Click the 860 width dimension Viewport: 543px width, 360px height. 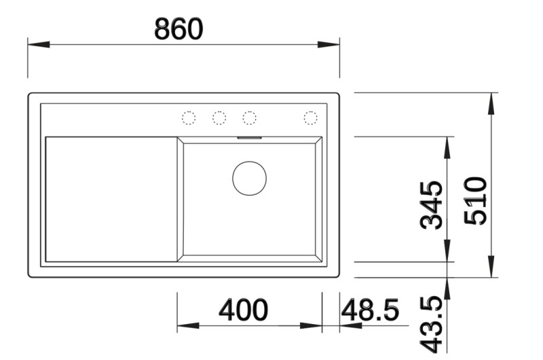179,29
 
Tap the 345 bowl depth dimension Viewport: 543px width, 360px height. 432,204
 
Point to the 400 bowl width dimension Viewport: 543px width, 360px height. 243,310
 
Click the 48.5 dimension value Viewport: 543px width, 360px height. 370,310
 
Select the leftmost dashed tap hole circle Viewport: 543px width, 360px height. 189,118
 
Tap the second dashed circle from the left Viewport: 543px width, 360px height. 219,118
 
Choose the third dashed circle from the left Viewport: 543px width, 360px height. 249,118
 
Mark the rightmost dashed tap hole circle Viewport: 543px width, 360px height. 310,118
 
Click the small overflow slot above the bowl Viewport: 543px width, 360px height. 249,137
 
